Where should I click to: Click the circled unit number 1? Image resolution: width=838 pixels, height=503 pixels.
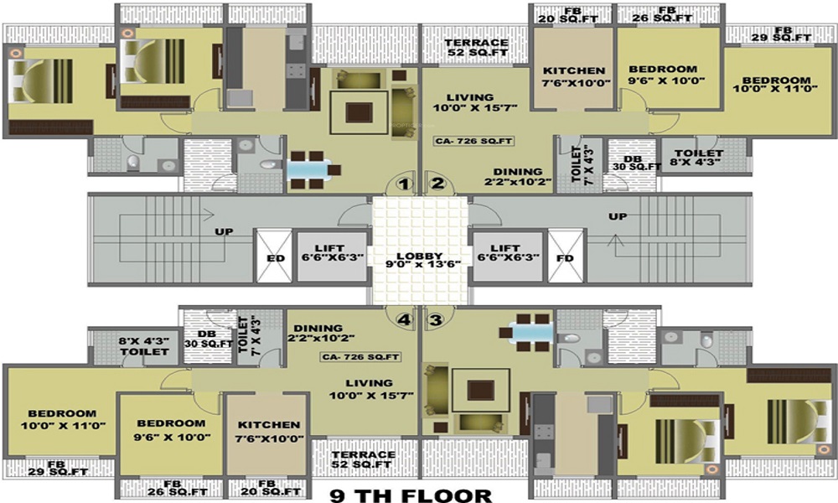tap(405, 184)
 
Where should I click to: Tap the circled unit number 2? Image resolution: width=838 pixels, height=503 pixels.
tap(437, 184)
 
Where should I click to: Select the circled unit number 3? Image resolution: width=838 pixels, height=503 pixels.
tap(436, 319)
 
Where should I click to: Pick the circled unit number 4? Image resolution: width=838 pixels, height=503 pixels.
tap(405, 319)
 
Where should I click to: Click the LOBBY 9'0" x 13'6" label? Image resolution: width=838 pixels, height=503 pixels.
tap(420, 260)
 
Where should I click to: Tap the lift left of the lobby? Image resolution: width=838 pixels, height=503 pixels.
tap(333, 256)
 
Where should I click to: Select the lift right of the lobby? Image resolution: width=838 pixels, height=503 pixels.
tap(509, 256)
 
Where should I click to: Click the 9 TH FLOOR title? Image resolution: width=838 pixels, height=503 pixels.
tap(411, 495)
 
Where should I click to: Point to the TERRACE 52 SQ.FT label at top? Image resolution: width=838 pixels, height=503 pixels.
tap(476, 47)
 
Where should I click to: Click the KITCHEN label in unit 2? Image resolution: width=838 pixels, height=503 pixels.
tap(574, 70)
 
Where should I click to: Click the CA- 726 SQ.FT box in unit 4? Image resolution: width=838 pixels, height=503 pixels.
tap(361, 356)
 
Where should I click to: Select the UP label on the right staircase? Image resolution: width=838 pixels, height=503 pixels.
tap(618, 216)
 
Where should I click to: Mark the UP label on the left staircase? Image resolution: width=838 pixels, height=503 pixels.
tap(224, 231)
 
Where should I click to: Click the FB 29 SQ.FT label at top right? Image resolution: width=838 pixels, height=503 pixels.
tap(781, 34)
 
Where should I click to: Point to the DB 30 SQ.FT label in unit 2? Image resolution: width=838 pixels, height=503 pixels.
tap(636, 163)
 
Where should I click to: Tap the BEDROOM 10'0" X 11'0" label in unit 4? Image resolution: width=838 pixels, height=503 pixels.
tap(63, 420)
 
